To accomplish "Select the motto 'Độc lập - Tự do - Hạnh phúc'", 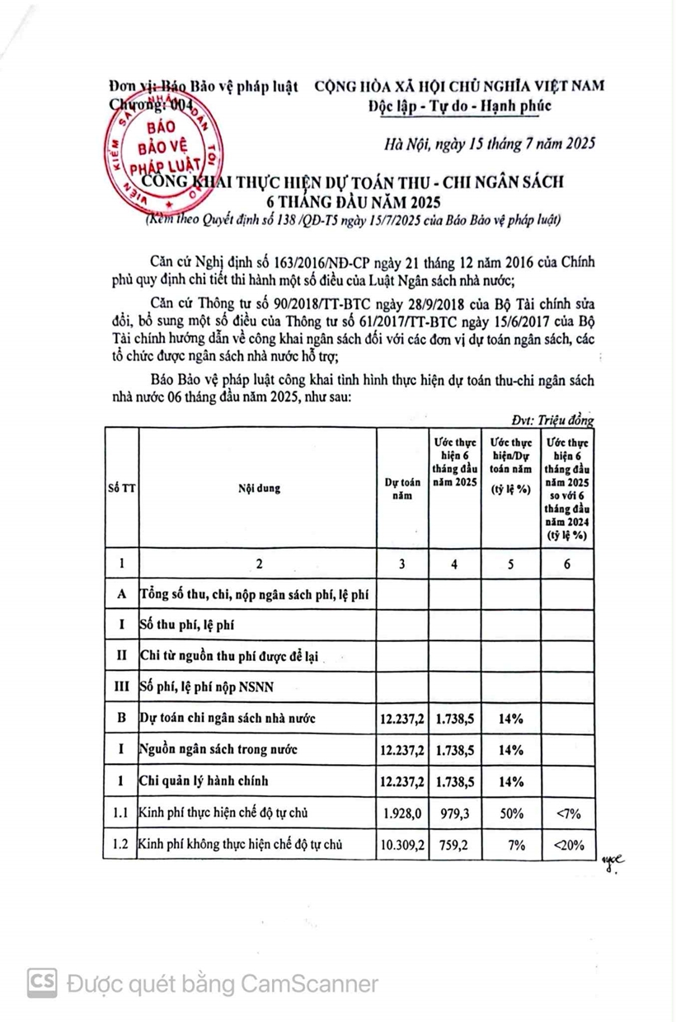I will click(x=459, y=105).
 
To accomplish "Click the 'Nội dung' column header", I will click(x=259, y=488).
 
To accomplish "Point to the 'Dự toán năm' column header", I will click(x=402, y=489).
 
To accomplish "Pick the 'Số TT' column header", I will click(x=120, y=488).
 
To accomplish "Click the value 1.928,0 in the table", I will click(x=402, y=813).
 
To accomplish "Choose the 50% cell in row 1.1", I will click(x=510, y=813).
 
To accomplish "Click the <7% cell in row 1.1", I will click(x=566, y=813).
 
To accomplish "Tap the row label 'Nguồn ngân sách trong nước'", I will click(x=218, y=750).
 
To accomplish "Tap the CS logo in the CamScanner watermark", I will click(x=44, y=982).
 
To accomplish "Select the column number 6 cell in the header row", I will click(x=566, y=564).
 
